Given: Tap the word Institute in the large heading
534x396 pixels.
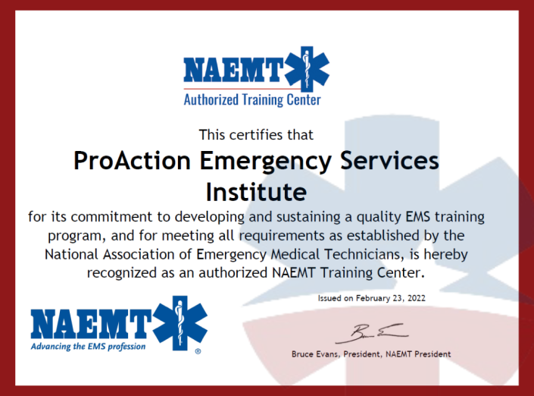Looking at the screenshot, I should (256, 188).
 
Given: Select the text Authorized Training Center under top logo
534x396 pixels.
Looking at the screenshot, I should (252, 99).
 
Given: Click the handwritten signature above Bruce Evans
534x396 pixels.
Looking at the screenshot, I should (370, 332).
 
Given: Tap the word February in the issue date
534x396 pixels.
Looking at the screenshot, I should (367, 299).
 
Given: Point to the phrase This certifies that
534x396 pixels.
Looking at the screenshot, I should (256, 135).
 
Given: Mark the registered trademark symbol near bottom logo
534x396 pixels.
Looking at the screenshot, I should (198, 352).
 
